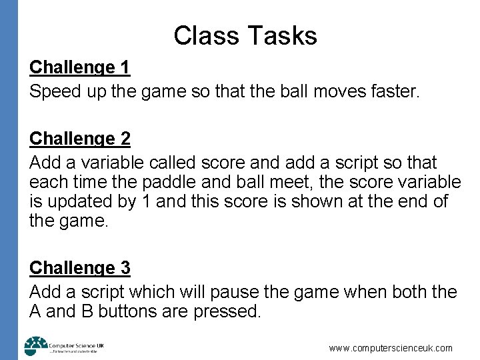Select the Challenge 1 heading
(x=80, y=67)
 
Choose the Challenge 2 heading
(x=80, y=139)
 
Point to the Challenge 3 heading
(x=80, y=268)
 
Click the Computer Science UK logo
(x=63, y=346)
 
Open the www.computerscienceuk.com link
(x=391, y=348)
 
